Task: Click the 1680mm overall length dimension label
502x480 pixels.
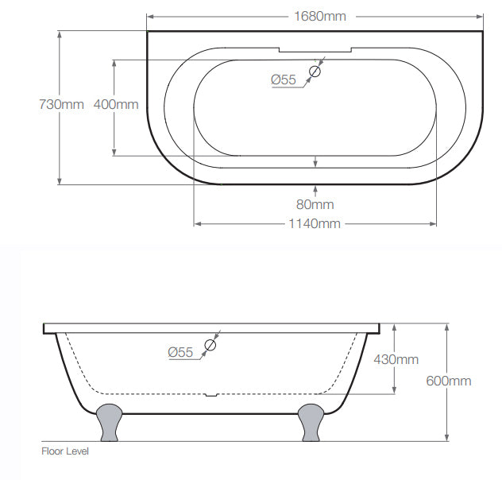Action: [315, 16]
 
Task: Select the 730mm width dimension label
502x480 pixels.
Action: [61, 104]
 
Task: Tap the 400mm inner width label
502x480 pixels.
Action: [115, 104]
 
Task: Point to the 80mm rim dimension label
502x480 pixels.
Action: [315, 204]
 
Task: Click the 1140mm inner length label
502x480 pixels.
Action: [315, 223]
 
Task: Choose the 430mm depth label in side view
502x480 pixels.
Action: [396, 359]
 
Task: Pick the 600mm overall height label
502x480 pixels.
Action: [449, 381]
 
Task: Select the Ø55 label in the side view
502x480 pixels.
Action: [180, 352]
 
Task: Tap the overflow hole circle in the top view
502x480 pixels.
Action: [315, 72]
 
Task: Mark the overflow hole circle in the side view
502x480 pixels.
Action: [210, 345]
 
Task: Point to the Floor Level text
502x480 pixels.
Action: [65, 451]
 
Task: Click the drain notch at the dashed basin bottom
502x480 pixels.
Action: [210, 393]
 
